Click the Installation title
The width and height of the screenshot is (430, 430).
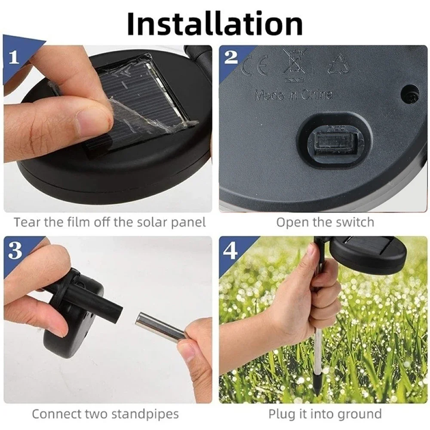coord(215,24)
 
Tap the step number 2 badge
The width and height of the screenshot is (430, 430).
coord(230,57)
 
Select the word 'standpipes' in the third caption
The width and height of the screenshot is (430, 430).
coord(145,414)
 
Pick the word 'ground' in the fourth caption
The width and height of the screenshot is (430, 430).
coord(360,414)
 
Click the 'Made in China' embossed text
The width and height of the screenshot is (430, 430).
coord(293,95)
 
